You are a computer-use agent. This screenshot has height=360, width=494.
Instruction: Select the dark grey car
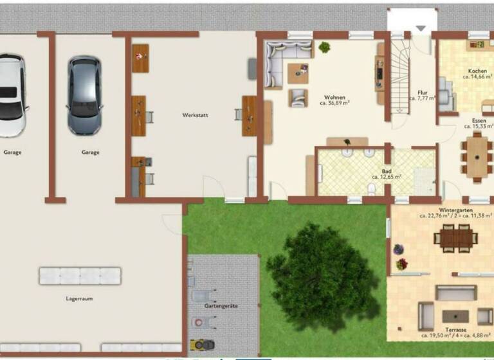click(85, 95)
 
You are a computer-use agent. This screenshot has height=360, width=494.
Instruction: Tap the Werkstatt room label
click(194, 116)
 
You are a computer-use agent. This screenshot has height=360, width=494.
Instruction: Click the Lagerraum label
click(80, 299)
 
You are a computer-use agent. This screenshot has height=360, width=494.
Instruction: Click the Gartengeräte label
click(221, 306)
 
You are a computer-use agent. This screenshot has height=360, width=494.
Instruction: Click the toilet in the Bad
click(372, 189)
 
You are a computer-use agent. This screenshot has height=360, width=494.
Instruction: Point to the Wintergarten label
click(456, 210)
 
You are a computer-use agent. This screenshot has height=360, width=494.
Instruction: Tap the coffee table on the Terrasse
click(455, 316)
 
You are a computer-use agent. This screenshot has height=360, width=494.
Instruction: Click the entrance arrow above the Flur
click(421, 28)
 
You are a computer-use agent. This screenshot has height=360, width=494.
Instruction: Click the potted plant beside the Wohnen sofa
click(324, 47)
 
